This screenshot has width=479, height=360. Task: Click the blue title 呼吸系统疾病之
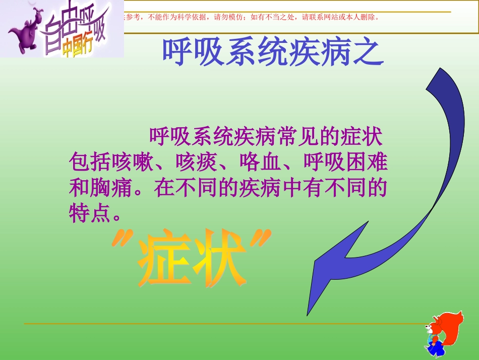pyautogui.click(x=273, y=53)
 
